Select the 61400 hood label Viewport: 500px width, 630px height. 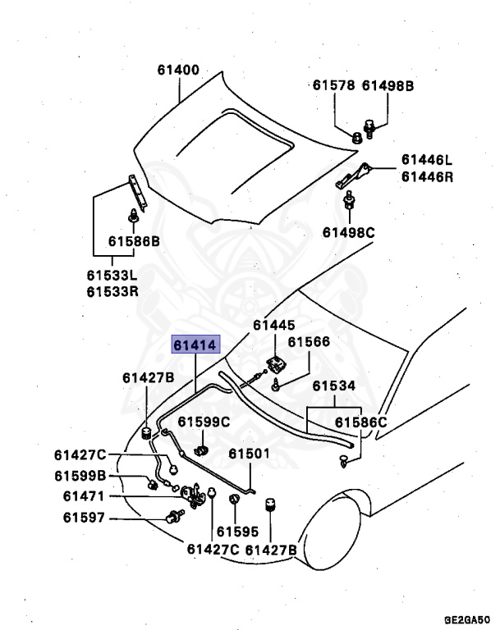tap(178, 71)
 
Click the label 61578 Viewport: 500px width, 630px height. tap(333, 84)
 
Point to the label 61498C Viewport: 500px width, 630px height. tap(348, 233)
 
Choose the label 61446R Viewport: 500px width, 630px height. tap(427, 176)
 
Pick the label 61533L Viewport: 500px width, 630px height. tap(112, 276)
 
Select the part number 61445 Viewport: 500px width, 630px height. tap(273, 326)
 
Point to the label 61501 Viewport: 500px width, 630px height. tap(249, 454)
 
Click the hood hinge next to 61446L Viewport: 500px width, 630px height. tap(357, 175)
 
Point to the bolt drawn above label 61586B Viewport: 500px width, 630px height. tap(134, 217)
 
